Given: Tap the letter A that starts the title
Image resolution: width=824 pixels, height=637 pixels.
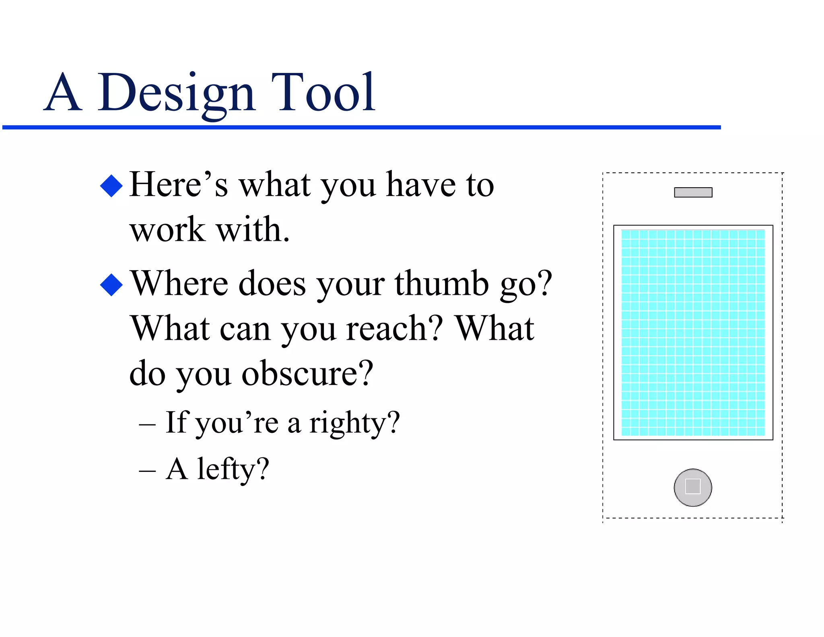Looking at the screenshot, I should (x=63, y=93).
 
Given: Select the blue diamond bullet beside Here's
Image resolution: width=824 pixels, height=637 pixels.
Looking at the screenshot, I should (x=111, y=186).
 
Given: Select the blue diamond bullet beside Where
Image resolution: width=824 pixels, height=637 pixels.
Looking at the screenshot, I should (x=111, y=285).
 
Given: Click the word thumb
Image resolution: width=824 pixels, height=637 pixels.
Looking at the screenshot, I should (x=441, y=284).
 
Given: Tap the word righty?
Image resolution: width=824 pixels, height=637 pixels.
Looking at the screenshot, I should (x=354, y=424).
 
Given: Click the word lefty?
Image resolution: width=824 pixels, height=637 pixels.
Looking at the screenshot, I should (x=233, y=469).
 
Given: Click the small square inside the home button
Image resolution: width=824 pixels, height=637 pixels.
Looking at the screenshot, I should (x=693, y=486).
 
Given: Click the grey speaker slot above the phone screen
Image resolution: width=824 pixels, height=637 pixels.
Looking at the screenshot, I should (x=693, y=192).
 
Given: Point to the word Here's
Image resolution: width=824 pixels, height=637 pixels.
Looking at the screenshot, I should (x=178, y=185).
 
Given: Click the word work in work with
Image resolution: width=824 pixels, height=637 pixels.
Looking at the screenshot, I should (x=167, y=230).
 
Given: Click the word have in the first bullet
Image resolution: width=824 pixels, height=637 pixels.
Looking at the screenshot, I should (x=420, y=185).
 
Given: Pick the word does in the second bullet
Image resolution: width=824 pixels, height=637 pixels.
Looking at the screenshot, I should (x=272, y=284).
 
